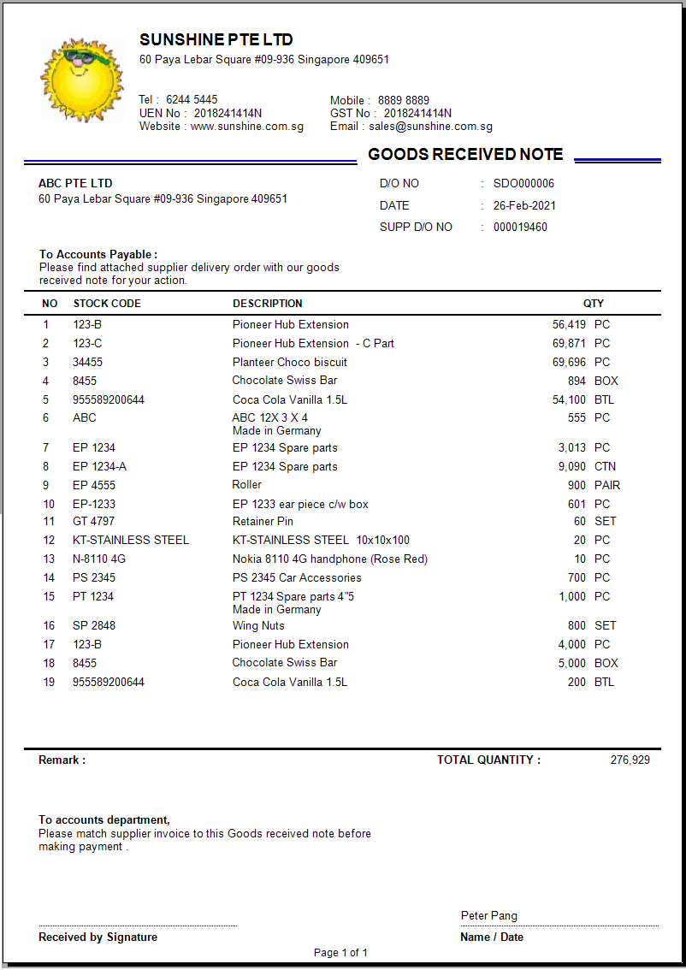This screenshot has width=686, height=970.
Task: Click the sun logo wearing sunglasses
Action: [x=82, y=79]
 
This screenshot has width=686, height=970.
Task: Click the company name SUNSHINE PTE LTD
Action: [x=216, y=40]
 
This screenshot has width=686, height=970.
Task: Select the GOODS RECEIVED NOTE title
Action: [x=465, y=155]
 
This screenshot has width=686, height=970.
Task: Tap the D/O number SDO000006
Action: [x=523, y=184]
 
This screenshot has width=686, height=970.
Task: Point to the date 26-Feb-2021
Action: [x=524, y=206]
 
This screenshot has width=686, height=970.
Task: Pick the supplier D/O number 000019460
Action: [x=520, y=228]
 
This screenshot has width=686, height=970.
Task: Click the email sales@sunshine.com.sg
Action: [x=430, y=127]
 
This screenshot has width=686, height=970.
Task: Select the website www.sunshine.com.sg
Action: [x=246, y=127]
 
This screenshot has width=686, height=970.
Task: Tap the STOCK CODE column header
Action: [x=107, y=304]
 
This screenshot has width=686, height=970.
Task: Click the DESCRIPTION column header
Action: [x=267, y=304]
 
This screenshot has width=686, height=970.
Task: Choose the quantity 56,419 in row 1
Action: [x=569, y=325]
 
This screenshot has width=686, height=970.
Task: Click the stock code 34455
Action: [x=87, y=363]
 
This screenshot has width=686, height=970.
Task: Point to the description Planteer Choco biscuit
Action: [x=289, y=363]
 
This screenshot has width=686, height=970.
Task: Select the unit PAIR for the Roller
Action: [x=607, y=486]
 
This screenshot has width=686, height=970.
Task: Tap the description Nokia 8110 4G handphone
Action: [x=329, y=559]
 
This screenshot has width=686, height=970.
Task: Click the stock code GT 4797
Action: [x=93, y=522]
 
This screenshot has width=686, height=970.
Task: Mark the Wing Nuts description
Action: [x=258, y=626]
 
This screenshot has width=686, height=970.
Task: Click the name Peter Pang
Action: [x=488, y=916]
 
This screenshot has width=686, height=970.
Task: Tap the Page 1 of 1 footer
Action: [x=340, y=953]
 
